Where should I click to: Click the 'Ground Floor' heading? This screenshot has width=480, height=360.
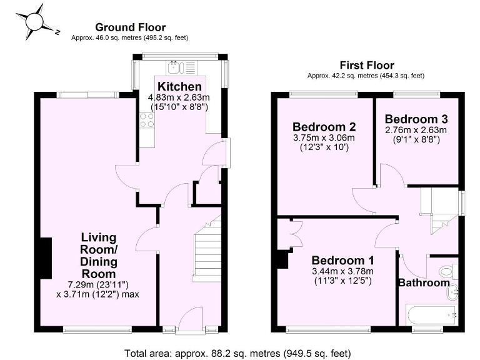pyautogui.click(x=130, y=27)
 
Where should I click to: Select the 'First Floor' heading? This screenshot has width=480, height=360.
pyautogui.click(x=367, y=65)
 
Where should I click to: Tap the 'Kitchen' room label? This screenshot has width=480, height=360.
pyautogui.click(x=179, y=86)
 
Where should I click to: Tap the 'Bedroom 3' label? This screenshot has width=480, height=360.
pyautogui.click(x=416, y=119)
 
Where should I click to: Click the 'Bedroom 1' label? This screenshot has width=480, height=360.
pyautogui.click(x=342, y=260)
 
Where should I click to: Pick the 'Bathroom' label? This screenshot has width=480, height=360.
pyautogui.click(x=424, y=282)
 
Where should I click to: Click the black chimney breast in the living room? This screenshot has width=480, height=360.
pyautogui.click(x=44, y=258)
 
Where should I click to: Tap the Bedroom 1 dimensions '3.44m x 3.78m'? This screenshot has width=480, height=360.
pyautogui.click(x=342, y=271)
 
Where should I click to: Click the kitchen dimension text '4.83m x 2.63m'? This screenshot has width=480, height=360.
pyautogui.click(x=179, y=97)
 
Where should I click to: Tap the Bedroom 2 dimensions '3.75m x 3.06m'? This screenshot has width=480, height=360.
pyautogui.click(x=324, y=138)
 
